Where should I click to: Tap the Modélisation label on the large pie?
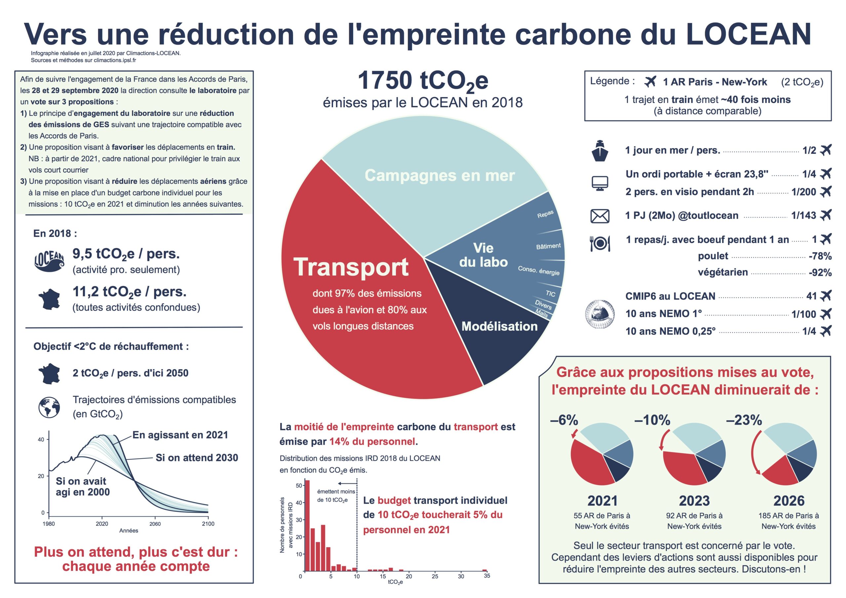point(499,326)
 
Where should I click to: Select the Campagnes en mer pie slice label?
point(439,175)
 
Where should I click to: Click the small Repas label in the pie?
point(545,214)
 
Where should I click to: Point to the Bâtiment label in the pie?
point(548,246)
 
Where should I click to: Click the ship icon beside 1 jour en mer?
point(600,151)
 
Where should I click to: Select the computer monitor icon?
point(600,183)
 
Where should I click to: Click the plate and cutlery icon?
point(600,243)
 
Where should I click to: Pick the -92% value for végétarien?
point(820,273)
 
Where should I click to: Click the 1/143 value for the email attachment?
point(803,215)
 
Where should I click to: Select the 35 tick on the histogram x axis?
point(487,576)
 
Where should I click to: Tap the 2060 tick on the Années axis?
point(155,524)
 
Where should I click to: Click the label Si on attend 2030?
point(197,458)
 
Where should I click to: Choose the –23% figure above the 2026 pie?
point(744,420)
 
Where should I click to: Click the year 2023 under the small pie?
point(694,501)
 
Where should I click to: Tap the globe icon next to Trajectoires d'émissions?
point(49,407)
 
